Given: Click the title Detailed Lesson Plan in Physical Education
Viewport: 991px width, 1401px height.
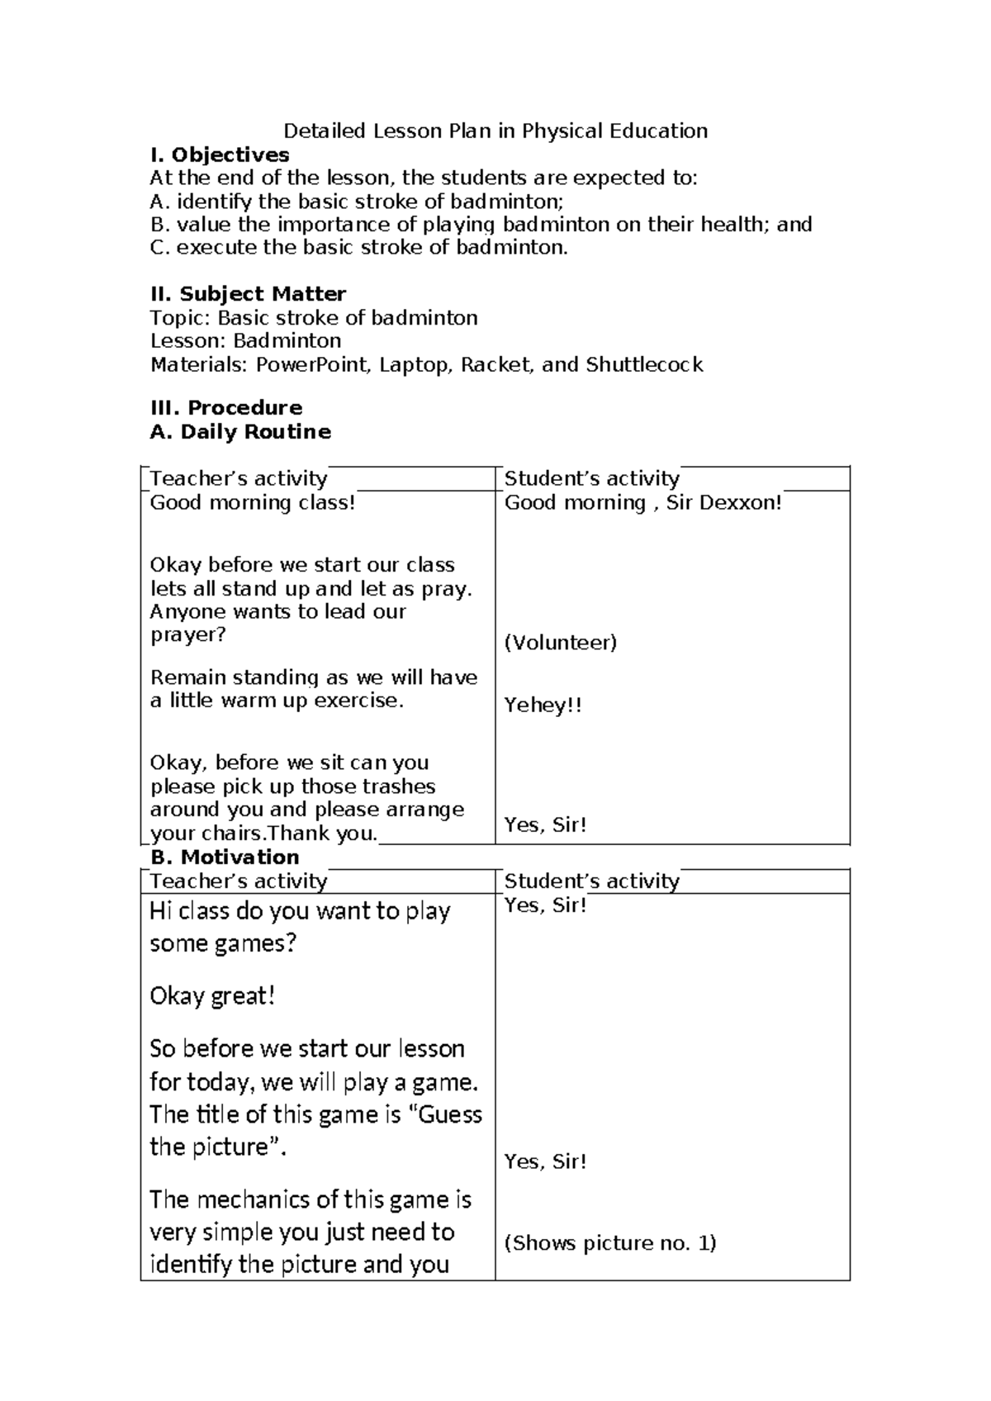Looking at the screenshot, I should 495,131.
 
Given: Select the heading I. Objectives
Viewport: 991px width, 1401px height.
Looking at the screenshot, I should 220,154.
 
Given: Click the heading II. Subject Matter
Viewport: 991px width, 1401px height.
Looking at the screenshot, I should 248,294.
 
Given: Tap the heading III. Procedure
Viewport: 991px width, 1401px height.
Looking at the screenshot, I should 225,407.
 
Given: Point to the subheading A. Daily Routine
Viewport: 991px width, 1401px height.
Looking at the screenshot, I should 240,431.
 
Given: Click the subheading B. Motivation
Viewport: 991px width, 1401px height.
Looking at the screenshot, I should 225,857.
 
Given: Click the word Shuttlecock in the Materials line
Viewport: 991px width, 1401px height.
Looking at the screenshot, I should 644,364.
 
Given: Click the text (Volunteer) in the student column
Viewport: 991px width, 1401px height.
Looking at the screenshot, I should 561,643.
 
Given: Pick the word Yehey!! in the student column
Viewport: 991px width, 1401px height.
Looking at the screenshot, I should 543,705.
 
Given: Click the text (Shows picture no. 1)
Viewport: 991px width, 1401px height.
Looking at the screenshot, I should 610,1242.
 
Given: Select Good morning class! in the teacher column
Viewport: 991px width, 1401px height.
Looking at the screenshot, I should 253,502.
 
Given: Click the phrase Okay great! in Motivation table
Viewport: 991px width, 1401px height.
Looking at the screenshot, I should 212,996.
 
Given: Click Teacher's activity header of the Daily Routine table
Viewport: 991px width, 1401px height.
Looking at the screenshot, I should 239,478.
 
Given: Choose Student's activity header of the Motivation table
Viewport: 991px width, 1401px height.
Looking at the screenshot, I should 591,881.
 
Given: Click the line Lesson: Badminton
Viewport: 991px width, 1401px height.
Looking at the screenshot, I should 245,340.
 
